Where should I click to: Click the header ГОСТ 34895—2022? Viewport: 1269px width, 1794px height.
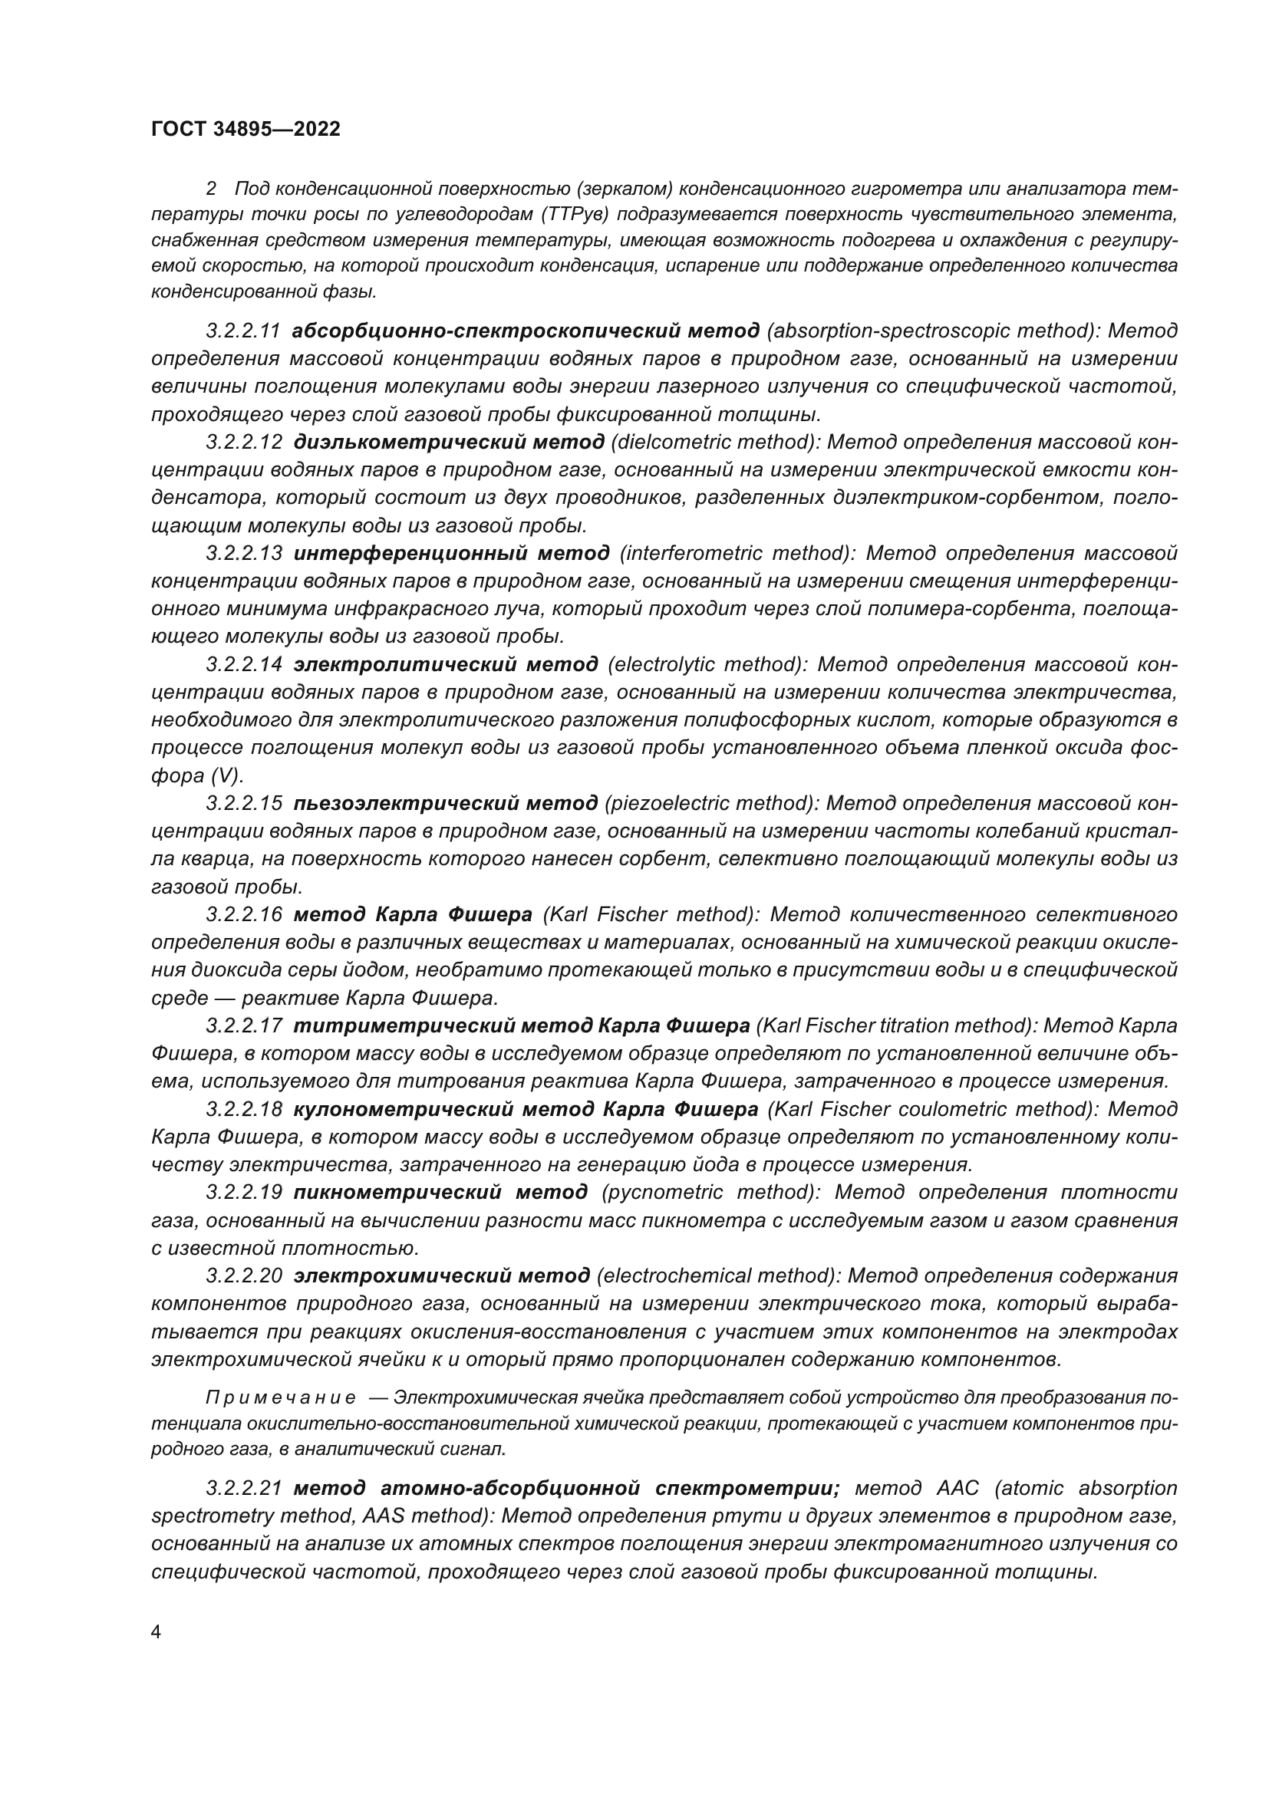pos(246,129)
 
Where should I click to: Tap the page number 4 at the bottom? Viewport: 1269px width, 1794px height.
pos(156,1632)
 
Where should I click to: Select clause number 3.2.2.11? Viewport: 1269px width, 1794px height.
pos(243,331)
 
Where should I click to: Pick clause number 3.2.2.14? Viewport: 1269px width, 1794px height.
pos(243,664)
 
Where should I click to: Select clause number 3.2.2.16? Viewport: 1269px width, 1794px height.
pos(243,914)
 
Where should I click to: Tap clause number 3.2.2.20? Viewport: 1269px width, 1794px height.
pos(243,1276)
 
